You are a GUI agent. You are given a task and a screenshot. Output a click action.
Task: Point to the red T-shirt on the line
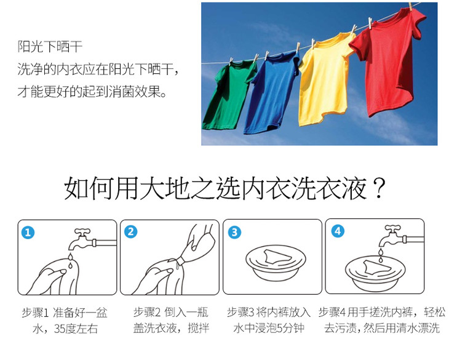coord(387,63)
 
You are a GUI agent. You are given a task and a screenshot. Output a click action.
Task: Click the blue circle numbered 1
coord(28,232)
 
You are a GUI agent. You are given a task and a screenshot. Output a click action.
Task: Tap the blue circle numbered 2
coord(131,232)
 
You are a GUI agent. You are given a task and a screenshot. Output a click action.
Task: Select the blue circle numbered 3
coord(234,232)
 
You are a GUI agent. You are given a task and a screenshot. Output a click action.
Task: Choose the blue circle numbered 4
coord(338,231)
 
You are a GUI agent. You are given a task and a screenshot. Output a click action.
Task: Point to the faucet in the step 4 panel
coord(401,237)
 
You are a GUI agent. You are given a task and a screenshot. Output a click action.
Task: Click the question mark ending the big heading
coord(378,188)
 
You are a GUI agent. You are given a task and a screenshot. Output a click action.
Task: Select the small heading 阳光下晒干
coord(50,46)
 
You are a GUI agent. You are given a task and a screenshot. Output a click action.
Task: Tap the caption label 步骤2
coord(147,312)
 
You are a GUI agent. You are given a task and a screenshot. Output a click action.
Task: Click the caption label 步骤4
coord(332,312)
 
